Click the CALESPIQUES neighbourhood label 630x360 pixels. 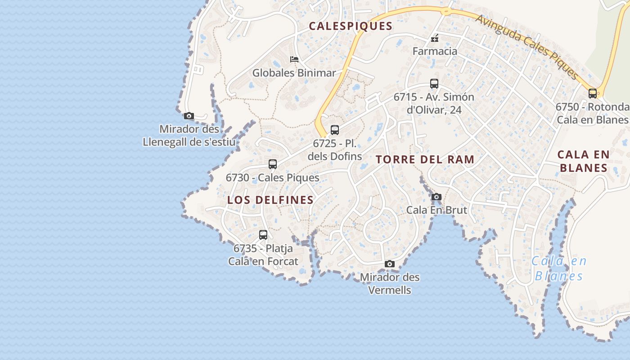[351, 26]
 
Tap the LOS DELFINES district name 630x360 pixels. [270, 200]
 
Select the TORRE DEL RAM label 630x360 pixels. [425, 159]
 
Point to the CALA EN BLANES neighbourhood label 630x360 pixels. [583, 161]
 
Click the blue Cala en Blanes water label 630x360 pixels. [559, 269]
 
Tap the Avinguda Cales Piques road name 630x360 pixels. [526, 46]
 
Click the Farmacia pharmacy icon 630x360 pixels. [435, 39]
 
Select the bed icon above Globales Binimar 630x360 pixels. [294, 59]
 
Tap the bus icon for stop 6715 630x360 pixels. [434, 84]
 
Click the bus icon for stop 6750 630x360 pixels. [593, 94]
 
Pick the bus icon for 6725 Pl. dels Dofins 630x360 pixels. [335, 130]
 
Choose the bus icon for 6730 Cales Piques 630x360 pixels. [273, 164]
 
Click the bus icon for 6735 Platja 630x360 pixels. [263, 235]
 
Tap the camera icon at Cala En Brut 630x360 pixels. [436, 197]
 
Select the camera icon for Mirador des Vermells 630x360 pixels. [390, 264]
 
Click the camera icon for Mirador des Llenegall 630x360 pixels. [189, 116]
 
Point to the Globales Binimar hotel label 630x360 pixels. [294, 73]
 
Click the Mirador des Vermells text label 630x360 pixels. [390, 283]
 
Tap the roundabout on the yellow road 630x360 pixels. [446, 11]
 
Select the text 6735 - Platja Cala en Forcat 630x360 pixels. [263, 255]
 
